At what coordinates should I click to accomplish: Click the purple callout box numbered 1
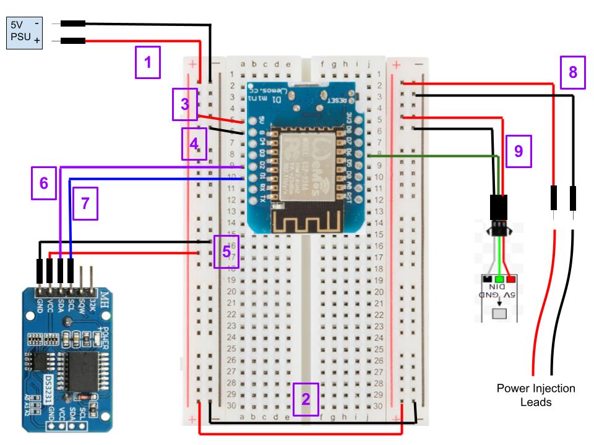click(147, 62)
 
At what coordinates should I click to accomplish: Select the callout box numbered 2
click(306, 399)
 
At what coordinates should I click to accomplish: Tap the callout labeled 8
click(573, 72)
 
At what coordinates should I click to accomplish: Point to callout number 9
click(519, 151)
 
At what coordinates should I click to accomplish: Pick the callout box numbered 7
click(85, 206)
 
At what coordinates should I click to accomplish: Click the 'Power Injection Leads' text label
click(536, 394)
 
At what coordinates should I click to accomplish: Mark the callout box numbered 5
click(226, 252)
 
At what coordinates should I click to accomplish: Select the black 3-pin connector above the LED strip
click(499, 207)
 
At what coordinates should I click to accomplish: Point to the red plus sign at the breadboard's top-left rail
click(193, 64)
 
